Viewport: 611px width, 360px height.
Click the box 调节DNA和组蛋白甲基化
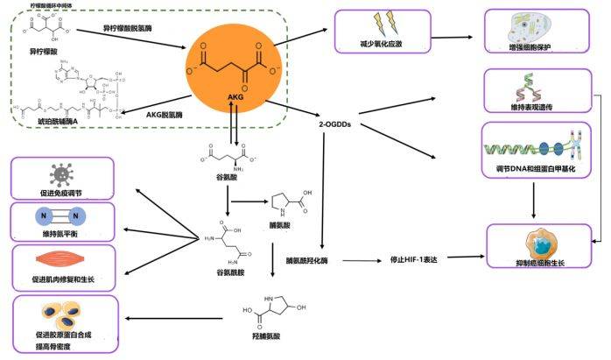click(536, 151)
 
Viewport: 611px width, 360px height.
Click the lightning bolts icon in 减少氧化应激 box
click(386, 18)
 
